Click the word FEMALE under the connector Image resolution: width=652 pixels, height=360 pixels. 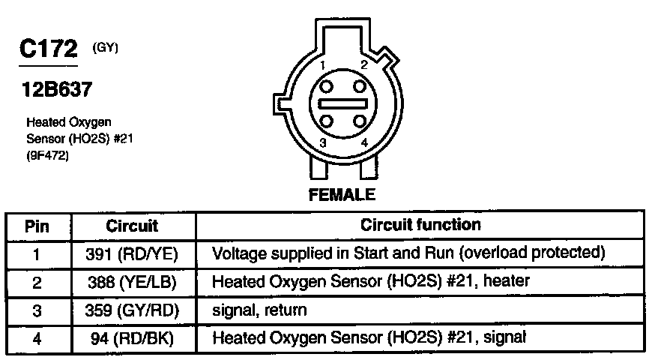click(342, 196)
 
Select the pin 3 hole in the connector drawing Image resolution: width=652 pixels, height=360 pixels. click(327, 120)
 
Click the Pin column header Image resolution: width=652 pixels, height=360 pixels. click(37, 226)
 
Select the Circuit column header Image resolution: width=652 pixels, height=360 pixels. click(132, 226)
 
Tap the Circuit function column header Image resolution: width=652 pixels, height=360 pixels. click(420, 225)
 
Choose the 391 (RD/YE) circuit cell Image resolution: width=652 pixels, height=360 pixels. click(132, 253)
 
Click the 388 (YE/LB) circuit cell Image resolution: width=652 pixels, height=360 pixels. click(132, 282)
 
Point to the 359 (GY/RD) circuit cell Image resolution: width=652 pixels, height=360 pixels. click(132, 310)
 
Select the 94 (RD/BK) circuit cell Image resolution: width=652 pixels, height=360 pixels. click(132, 338)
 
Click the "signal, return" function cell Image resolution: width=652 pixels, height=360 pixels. click(260, 310)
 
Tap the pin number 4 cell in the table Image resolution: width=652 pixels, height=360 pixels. click(37, 338)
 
